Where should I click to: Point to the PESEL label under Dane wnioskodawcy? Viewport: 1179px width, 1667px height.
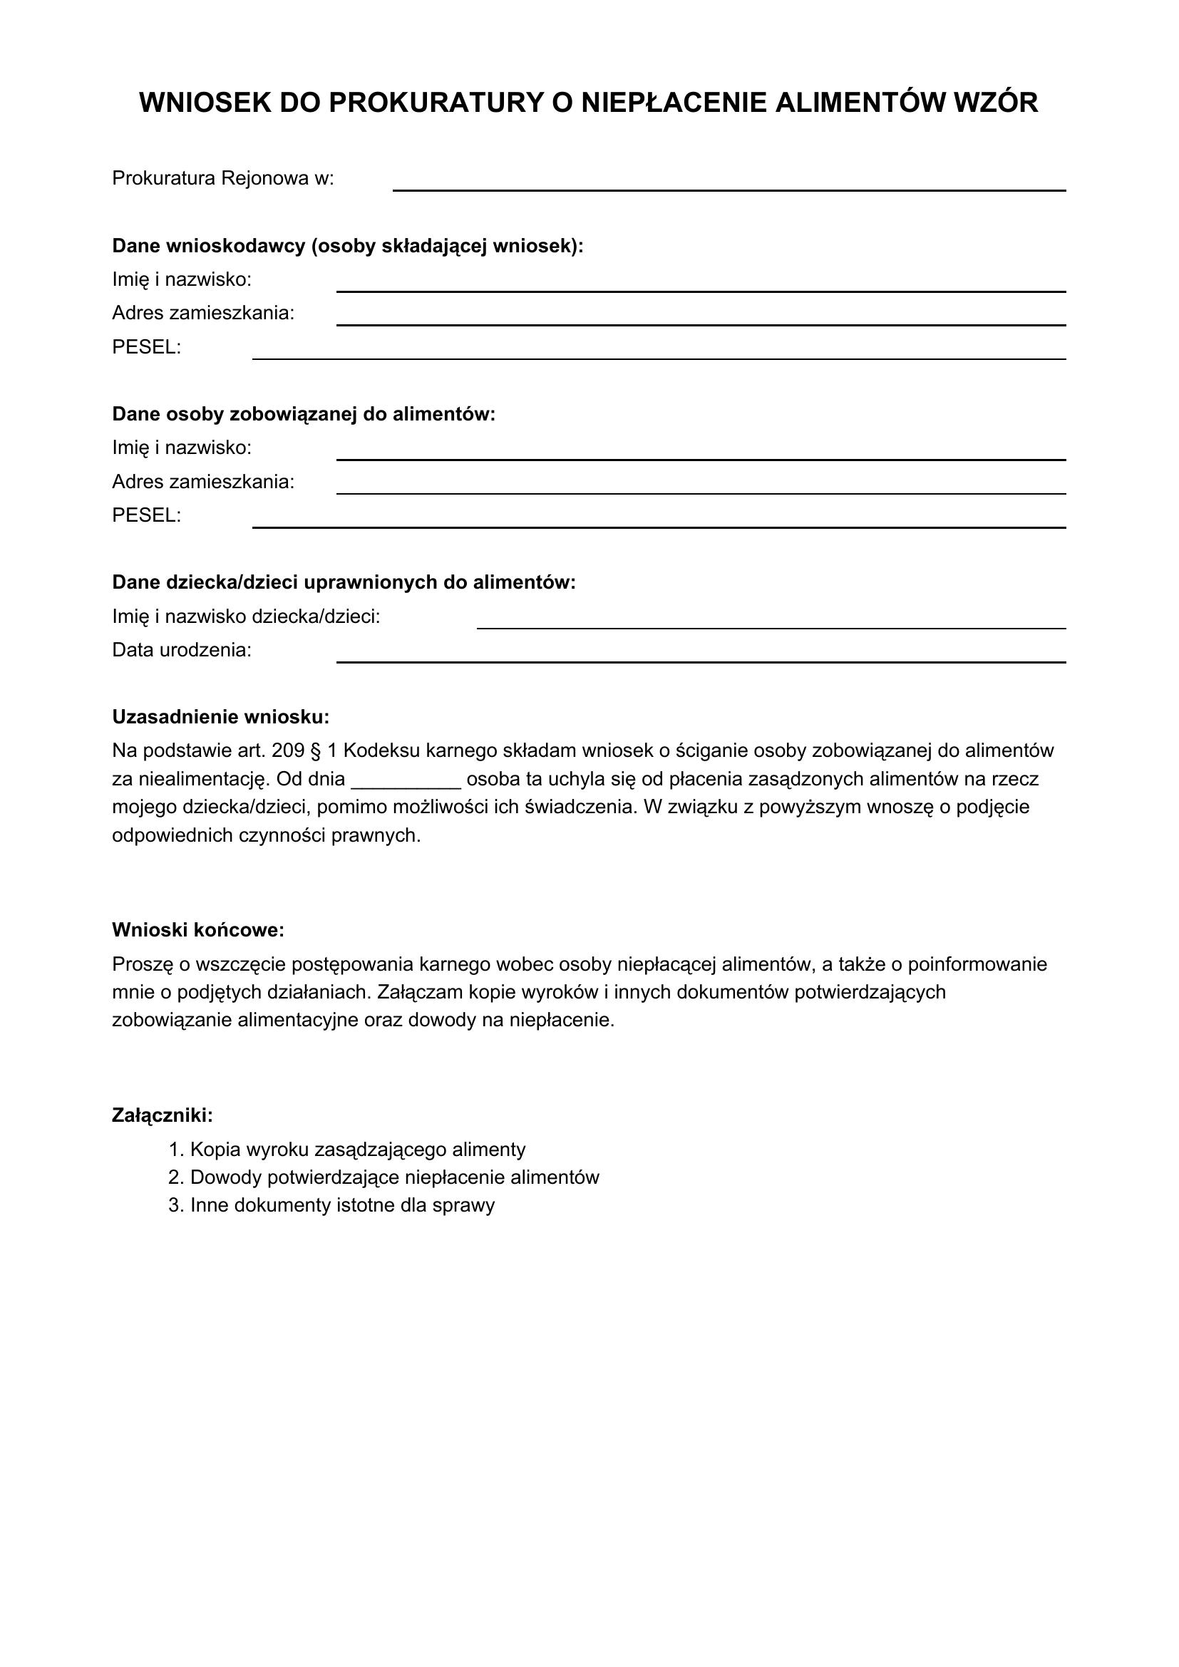click(x=146, y=347)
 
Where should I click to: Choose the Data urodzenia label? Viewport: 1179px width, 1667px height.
click(x=182, y=650)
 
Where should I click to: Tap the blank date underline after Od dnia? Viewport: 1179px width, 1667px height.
click(x=406, y=784)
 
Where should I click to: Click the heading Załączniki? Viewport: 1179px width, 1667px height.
click(x=162, y=1115)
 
